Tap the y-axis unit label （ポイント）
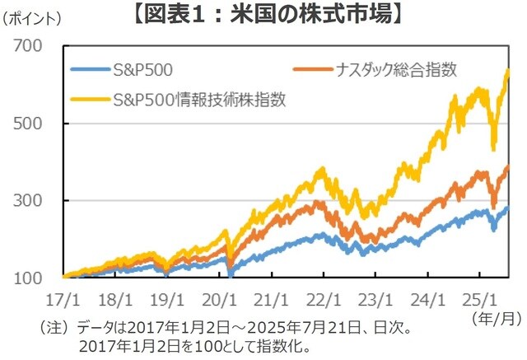point(32,16)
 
